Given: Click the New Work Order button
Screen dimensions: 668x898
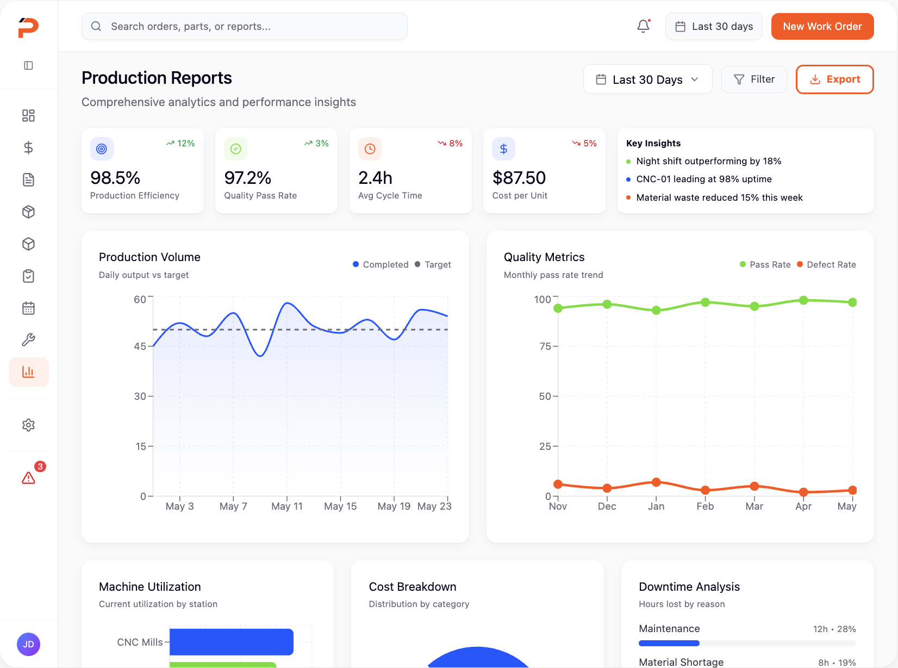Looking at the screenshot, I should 822,27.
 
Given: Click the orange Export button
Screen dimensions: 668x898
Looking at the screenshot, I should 834,79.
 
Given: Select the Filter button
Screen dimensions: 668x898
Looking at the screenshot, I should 753,79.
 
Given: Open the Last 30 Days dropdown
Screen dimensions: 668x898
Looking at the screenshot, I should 647,79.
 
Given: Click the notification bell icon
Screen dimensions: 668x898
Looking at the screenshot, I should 643,26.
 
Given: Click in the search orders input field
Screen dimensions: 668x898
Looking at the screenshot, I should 245,27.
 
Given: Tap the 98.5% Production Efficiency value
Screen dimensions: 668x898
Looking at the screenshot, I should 115,178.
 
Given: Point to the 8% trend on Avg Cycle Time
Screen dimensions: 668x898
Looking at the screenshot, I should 451,144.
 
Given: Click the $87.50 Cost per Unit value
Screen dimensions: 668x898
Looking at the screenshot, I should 519,178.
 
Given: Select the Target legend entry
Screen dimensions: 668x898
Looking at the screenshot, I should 433,264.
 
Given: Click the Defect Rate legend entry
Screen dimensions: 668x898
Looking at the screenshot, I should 826,264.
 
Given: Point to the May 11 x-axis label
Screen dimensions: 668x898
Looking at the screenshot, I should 287,506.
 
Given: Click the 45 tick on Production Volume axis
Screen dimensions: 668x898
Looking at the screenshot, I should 140,346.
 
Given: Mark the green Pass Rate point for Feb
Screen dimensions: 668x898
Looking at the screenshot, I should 705,302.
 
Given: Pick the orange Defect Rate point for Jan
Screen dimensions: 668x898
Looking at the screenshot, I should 656,482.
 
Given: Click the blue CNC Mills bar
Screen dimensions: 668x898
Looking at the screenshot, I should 231,642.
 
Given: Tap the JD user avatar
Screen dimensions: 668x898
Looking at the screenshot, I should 29,645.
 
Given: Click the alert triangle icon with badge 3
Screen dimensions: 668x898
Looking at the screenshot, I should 29,478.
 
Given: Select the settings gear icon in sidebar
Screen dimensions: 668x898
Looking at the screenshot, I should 29,425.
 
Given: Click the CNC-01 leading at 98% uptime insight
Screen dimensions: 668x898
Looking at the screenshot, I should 703,179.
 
